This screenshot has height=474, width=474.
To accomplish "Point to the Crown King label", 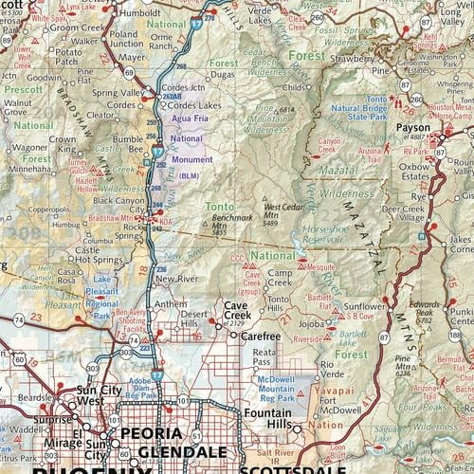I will (63, 145).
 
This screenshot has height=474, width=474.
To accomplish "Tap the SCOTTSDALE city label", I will (280, 466).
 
